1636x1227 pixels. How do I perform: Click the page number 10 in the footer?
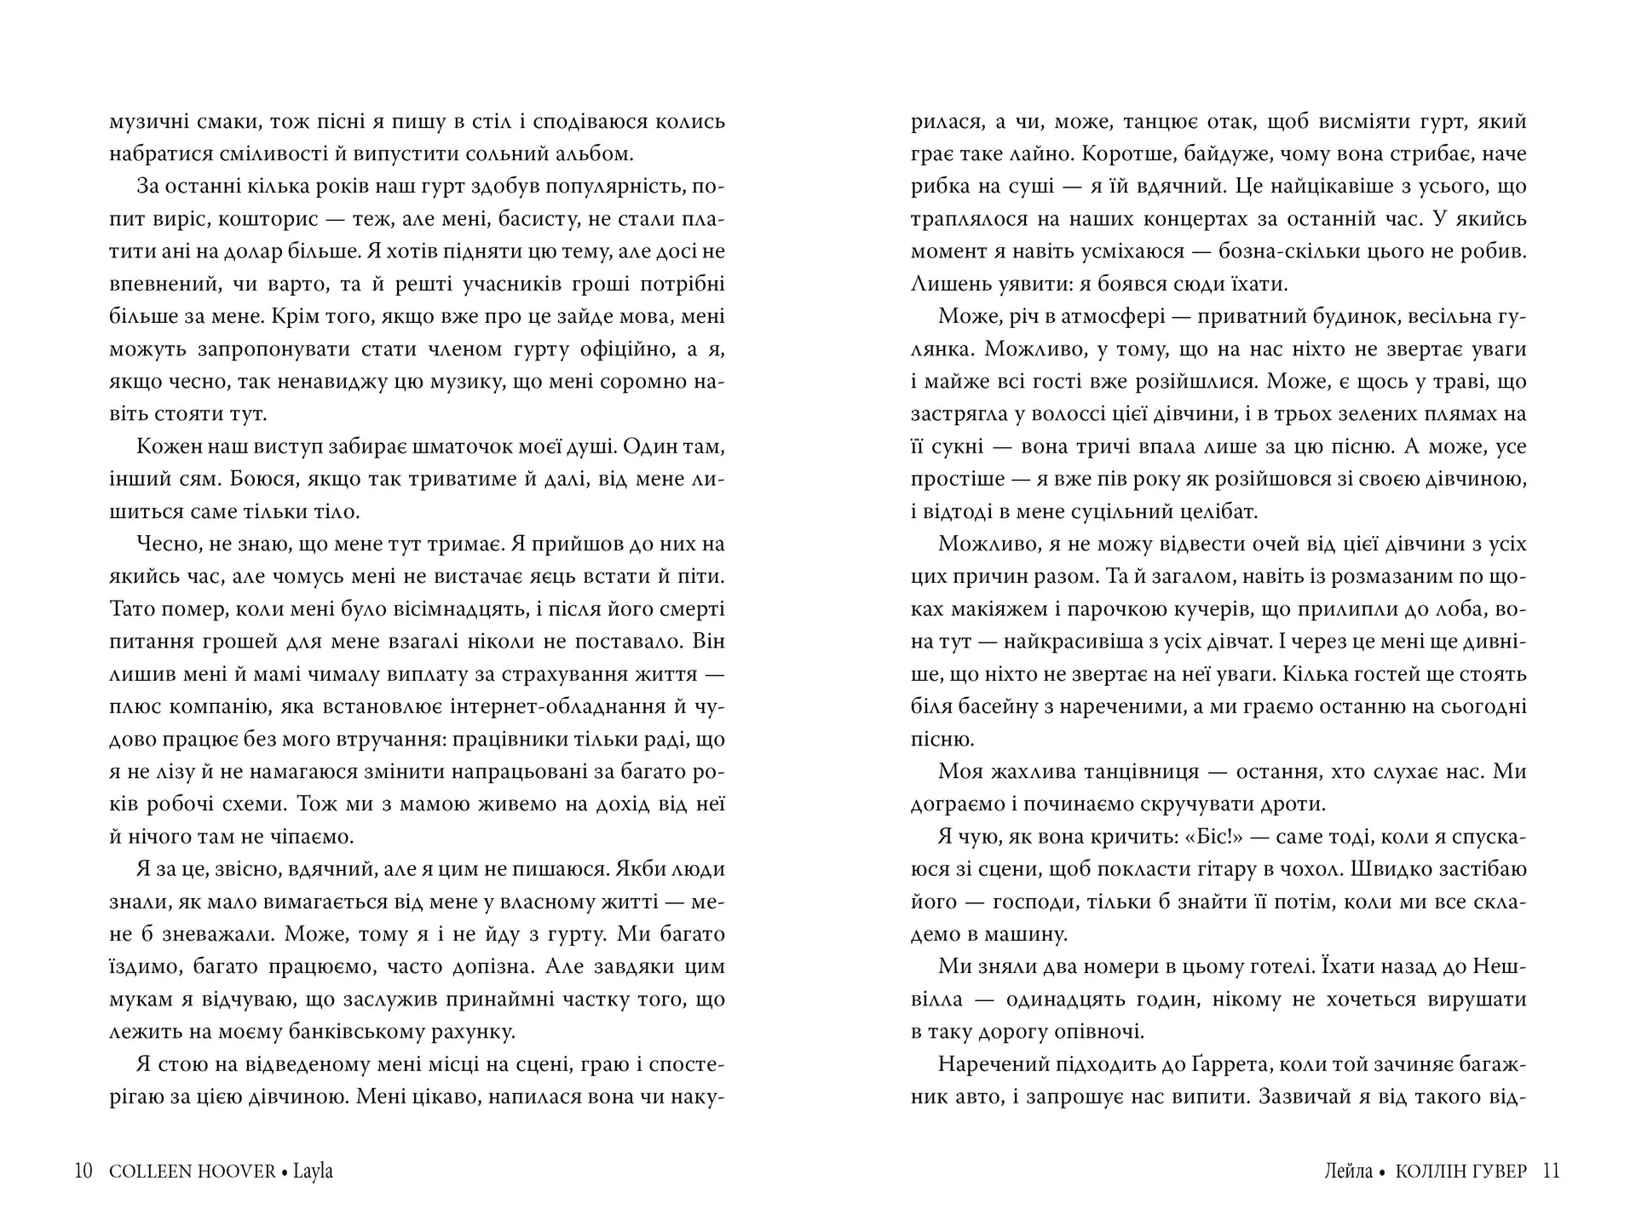point(83,1171)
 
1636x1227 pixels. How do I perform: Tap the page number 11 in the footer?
point(1552,1171)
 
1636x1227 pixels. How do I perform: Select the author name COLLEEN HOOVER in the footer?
point(193,1172)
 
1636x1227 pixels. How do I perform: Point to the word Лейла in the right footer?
point(1349,1172)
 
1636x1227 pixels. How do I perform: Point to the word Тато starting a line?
point(133,609)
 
